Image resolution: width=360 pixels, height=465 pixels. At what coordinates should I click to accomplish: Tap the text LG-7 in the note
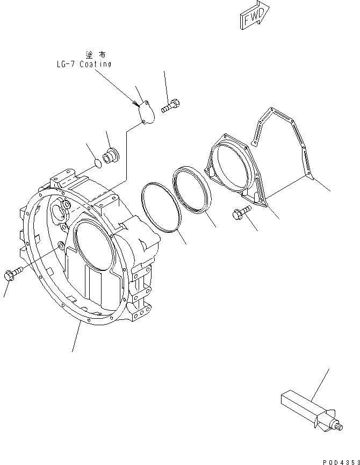coord(66,64)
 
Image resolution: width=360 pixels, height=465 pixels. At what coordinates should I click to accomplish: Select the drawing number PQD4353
coord(341,460)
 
